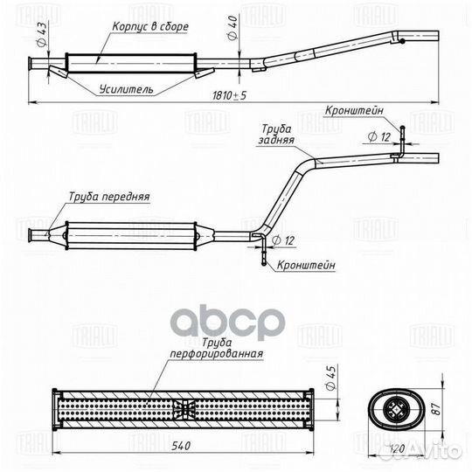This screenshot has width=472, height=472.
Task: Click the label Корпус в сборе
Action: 150,27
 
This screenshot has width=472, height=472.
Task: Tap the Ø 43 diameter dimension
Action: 42,34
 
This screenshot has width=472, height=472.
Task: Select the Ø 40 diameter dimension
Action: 233,28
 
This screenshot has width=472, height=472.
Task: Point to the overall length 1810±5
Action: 229,95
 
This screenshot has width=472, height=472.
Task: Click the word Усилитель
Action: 127,89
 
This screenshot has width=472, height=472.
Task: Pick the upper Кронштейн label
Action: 354,110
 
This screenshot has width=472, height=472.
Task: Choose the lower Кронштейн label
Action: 306,265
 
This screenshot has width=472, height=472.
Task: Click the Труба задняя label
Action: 276,135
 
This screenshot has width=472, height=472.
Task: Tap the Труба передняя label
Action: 109,197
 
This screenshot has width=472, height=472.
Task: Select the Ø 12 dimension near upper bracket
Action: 379,137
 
